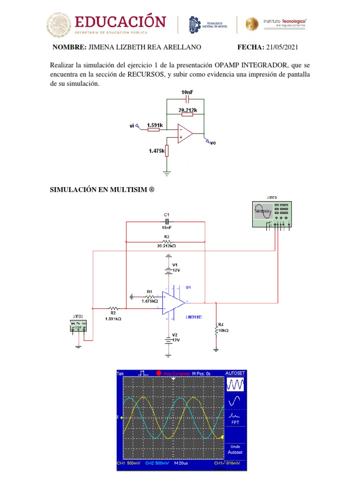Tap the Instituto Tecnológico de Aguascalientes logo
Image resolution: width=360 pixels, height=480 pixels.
[x=277, y=24]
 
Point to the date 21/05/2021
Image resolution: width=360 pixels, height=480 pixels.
[x=282, y=47]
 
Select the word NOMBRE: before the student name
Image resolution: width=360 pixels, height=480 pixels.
[x=69, y=47]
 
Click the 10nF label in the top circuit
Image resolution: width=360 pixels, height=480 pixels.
[x=187, y=92]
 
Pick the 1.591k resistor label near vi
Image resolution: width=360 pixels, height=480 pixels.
[x=154, y=125]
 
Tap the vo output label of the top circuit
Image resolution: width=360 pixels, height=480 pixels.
[x=212, y=143]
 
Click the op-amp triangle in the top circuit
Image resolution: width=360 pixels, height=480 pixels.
[x=185, y=133]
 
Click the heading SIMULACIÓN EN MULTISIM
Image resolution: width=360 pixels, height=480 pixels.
[x=102, y=190]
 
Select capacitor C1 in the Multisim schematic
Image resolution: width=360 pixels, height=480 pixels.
[x=167, y=221]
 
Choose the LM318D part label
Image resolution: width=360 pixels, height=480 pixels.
[x=193, y=317]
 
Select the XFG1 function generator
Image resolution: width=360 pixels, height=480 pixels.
[x=78, y=325]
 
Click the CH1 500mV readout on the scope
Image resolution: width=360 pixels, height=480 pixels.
[x=128, y=463]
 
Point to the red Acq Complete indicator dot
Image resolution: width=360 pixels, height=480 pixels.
[x=159, y=373]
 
